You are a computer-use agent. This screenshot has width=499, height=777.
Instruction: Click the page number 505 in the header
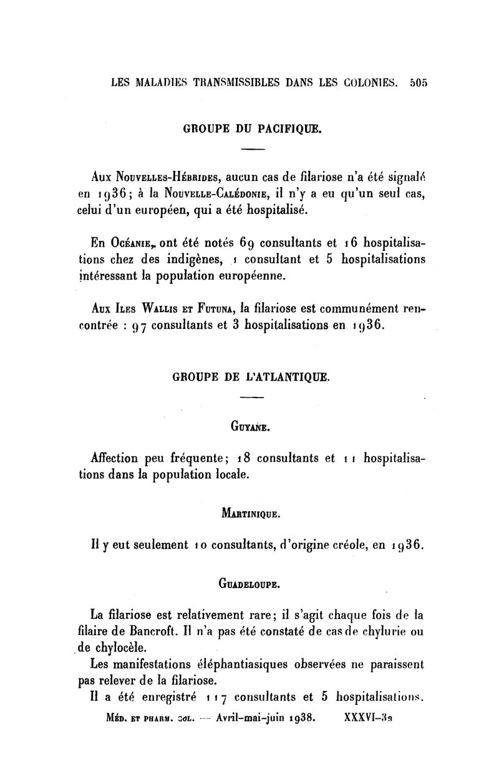click(417, 82)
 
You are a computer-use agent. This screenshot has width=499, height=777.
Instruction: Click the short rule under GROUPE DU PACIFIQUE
click(253, 149)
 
